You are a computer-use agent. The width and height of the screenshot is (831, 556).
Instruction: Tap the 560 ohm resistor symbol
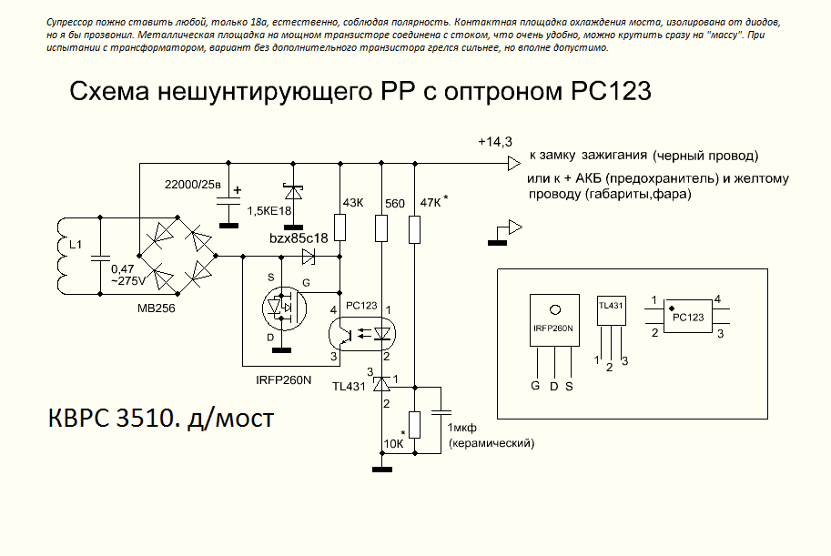click(380, 227)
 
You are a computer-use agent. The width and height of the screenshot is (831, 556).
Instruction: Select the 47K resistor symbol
click(415, 227)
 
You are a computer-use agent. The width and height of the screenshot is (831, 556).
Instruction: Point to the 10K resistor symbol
click(415, 425)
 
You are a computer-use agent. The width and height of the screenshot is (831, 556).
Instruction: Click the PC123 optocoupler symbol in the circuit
click(361, 335)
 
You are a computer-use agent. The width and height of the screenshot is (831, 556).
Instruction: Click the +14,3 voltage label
click(494, 142)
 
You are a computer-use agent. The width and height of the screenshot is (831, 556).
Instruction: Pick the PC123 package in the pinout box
click(687, 317)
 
